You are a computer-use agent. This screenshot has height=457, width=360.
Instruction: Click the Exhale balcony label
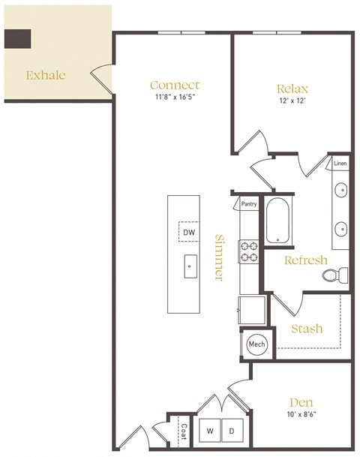[46, 75]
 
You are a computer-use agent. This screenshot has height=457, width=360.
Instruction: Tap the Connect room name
[175, 85]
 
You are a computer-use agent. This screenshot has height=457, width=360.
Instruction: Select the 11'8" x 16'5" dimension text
[175, 97]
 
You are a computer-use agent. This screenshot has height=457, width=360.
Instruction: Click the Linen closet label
[340, 163]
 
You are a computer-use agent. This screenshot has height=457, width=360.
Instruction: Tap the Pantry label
[249, 203]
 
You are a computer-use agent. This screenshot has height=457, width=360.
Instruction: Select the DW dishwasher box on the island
[189, 233]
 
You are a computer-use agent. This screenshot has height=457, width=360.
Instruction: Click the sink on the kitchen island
[189, 264]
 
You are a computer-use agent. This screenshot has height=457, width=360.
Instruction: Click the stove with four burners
[248, 251]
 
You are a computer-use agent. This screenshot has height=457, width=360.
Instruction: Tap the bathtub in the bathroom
[277, 220]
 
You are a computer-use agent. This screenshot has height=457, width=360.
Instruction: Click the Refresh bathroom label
[305, 260]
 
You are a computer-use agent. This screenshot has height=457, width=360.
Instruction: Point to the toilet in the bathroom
[333, 275]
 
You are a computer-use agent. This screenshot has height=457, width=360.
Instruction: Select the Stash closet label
[307, 328]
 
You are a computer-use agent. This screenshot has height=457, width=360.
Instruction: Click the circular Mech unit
[256, 344]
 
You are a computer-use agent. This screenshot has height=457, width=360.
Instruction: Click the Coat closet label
[184, 432]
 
